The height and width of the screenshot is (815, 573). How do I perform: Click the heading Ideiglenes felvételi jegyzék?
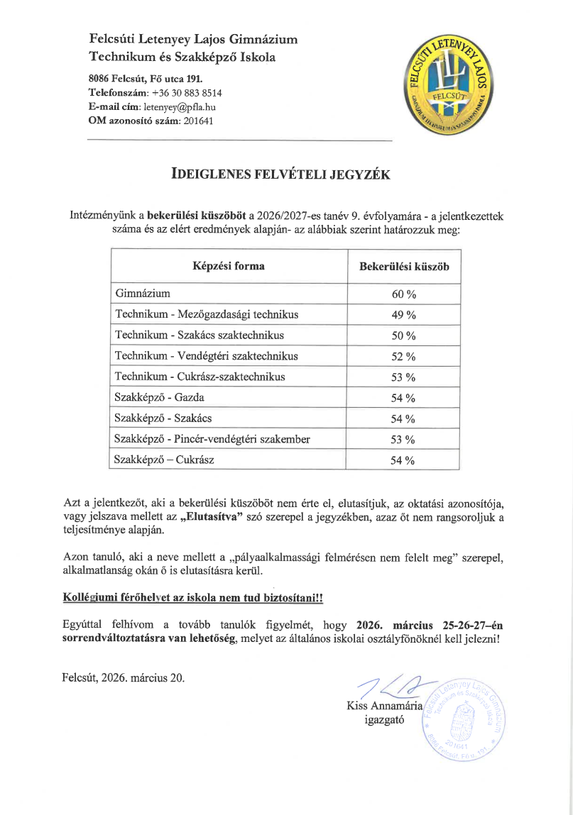click(x=282, y=174)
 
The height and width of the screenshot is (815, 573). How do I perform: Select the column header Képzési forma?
click(x=229, y=267)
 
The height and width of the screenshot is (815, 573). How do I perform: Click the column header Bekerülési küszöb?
click(x=404, y=267)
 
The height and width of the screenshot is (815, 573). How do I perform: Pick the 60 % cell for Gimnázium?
click(x=403, y=294)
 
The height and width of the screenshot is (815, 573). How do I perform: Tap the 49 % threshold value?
click(x=403, y=315)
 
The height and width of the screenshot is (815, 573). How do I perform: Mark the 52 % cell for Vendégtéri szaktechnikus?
click(x=403, y=356)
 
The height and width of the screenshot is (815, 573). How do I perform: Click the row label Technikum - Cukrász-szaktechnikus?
click(x=200, y=377)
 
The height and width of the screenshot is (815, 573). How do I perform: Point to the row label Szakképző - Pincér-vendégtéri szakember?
click(x=212, y=440)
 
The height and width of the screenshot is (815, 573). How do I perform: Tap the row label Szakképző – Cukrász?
click(x=164, y=460)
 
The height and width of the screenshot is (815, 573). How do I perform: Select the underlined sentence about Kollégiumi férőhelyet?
click(x=193, y=598)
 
